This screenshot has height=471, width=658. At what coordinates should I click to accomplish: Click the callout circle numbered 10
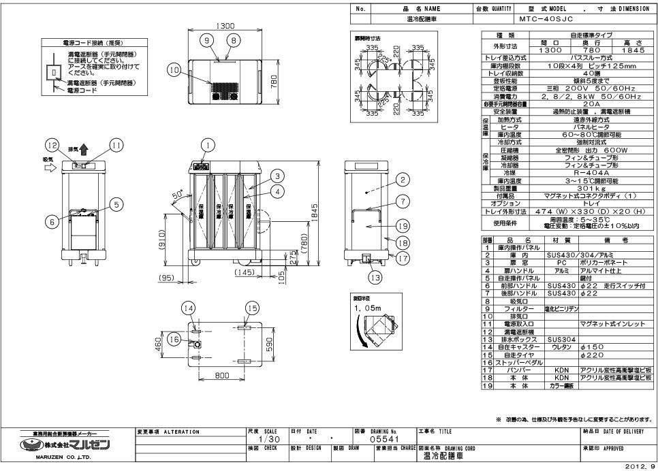tap(174, 69)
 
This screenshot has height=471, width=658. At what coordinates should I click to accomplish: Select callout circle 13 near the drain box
tap(371, 276)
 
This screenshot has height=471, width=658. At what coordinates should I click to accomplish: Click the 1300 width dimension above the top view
tap(225, 26)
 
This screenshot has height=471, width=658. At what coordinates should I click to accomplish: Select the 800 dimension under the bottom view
tap(221, 374)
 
